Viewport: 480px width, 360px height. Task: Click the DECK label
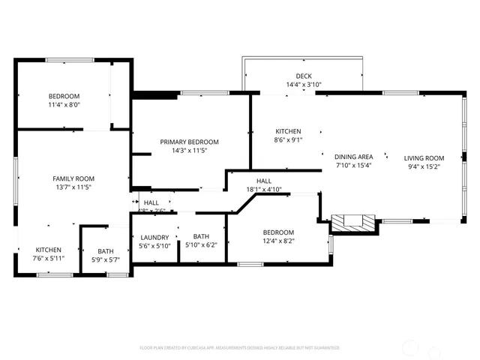click(304, 76)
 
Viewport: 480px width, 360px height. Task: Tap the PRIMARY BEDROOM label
click(189, 142)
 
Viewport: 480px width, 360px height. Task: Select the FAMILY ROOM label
click(73, 178)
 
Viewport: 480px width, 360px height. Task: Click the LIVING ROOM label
click(424, 158)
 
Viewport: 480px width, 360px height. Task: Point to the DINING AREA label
click(353, 157)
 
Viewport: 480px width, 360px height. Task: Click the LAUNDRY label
click(155, 237)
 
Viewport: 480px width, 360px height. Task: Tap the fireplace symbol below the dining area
click(353, 221)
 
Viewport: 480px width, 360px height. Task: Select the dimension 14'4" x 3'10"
click(304, 85)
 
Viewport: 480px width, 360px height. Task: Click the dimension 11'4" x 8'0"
click(64, 106)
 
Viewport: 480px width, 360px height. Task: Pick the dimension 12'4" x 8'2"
click(278, 241)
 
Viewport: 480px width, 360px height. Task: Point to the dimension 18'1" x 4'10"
click(264, 190)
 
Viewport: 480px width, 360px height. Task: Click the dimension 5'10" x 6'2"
click(201, 245)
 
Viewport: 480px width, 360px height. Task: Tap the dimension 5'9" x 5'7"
click(105, 260)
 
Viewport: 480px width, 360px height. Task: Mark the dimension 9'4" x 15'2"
click(424, 166)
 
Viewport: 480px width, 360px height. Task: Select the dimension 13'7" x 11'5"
click(73, 187)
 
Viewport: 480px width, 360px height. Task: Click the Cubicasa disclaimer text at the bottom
click(240, 348)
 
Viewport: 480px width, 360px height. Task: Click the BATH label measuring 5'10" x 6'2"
click(201, 236)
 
